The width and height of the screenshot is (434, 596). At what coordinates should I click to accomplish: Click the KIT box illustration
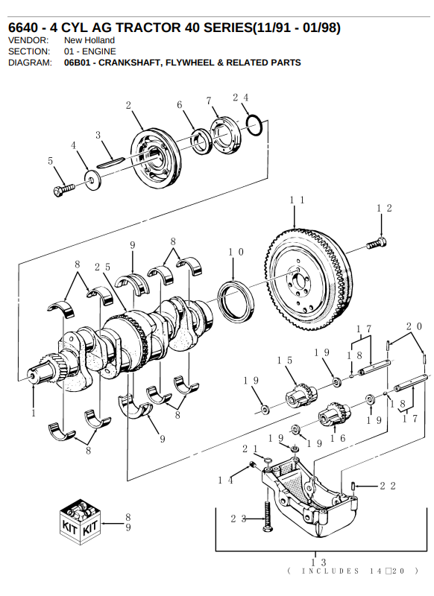coord(80,521)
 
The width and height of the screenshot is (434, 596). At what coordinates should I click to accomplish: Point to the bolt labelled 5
coord(64,189)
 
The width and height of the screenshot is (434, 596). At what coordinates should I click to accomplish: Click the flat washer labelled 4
coord(92,180)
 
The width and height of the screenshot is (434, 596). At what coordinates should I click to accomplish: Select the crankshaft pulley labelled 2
coord(157,158)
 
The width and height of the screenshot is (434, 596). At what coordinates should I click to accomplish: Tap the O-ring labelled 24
coord(254,125)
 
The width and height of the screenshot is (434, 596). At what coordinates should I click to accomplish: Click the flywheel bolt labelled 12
coord(377,243)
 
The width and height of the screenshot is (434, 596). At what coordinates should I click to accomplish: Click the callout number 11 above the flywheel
coord(297,200)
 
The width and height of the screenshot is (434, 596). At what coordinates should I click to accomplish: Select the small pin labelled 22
coord(353,486)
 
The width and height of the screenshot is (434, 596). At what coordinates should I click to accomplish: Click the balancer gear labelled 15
coord(301,396)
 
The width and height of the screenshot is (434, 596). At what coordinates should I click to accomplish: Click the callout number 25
coord(103,267)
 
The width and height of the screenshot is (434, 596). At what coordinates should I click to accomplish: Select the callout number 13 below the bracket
coord(318,562)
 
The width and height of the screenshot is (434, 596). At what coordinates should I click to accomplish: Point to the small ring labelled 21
coord(268,460)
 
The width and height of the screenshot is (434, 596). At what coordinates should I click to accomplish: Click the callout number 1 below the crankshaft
coord(34,413)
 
